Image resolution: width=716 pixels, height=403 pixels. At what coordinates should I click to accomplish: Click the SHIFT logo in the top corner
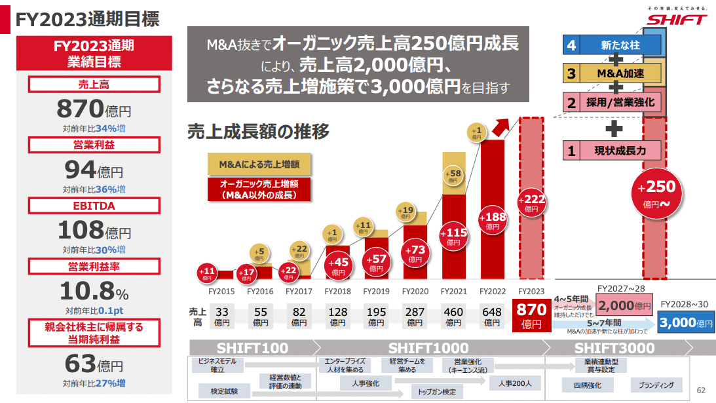(x=677, y=18)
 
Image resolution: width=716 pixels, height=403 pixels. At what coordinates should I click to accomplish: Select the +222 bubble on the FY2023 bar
(x=531, y=203)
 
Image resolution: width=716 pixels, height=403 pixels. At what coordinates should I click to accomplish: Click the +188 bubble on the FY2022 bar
(x=492, y=220)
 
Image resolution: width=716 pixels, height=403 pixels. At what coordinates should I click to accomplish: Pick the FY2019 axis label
(x=376, y=291)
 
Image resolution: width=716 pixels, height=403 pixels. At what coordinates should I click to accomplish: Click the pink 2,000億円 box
(x=625, y=305)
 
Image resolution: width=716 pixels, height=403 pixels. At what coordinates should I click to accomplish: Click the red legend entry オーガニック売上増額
(x=258, y=189)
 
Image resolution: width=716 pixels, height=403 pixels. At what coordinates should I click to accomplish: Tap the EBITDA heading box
(x=94, y=206)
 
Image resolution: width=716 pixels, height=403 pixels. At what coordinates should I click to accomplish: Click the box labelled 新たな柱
(x=613, y=45)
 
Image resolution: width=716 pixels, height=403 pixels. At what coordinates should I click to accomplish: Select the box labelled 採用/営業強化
(x=613, y=102)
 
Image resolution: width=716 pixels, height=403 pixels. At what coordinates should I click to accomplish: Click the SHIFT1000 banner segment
(x=428, y=347)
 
